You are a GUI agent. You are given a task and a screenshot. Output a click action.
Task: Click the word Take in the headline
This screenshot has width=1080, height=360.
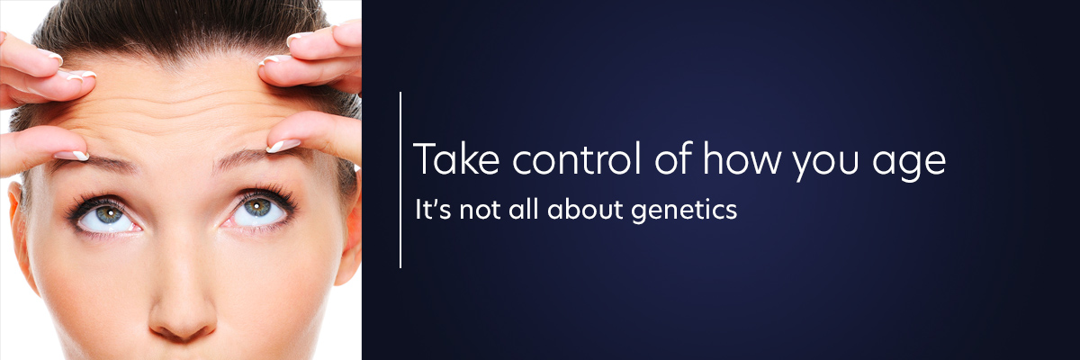point(456,158)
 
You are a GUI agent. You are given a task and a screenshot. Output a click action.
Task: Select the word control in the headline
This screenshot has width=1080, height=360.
point(577,158)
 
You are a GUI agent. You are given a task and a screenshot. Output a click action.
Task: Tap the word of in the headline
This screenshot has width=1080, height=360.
point(673,157)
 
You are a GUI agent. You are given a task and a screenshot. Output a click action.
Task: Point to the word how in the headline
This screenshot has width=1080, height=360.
point(742,157)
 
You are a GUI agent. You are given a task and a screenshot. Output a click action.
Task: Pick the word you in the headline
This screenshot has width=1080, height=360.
point(826,164)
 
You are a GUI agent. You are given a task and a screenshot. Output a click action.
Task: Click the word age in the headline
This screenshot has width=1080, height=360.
point(909,165)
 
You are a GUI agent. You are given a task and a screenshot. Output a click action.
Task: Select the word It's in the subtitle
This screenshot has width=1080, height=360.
point(433,209)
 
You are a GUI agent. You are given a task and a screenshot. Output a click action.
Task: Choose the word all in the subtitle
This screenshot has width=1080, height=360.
point(523,209)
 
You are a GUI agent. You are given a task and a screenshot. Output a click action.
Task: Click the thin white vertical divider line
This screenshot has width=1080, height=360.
point(400,180)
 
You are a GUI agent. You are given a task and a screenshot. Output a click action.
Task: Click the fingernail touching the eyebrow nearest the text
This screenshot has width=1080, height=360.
point(283,145)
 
